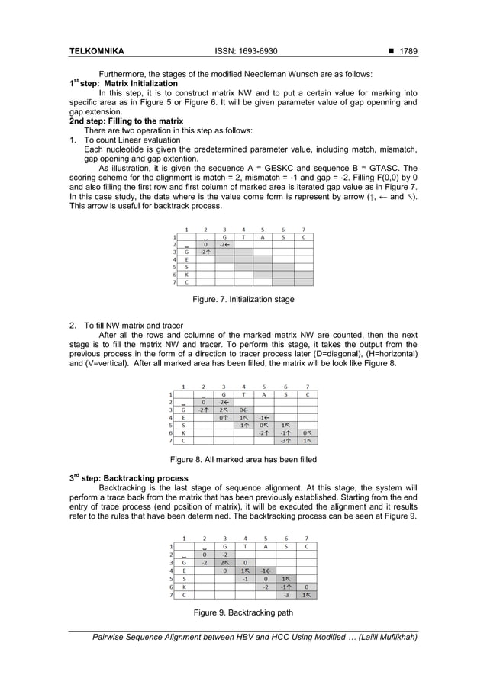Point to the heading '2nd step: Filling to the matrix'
(x=126, y=121)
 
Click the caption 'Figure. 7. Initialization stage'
(x=243, y=300)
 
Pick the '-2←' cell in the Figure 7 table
(x=224, y=244)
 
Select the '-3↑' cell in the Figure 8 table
(x=285, y=440)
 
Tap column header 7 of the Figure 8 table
(x=306, y=387)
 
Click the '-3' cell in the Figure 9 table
(x=285, y=595)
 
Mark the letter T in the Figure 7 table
(x=243, y=236)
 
